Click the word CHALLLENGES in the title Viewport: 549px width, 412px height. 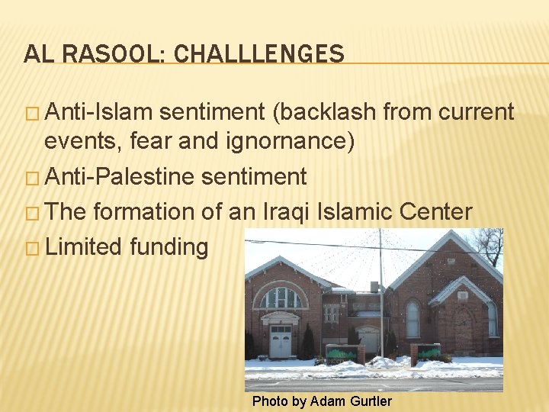(x=258, y=54)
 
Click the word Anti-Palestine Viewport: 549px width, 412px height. (x=121, y=177)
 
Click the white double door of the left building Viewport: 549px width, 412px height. (x=281, y=341)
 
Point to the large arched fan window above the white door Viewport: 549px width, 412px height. (x=281, y=297)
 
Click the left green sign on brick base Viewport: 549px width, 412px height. (x=342, y=353)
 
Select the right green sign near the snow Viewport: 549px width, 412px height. (x=428, y=353)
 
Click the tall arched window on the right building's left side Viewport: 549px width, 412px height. (x=413, y=319)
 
